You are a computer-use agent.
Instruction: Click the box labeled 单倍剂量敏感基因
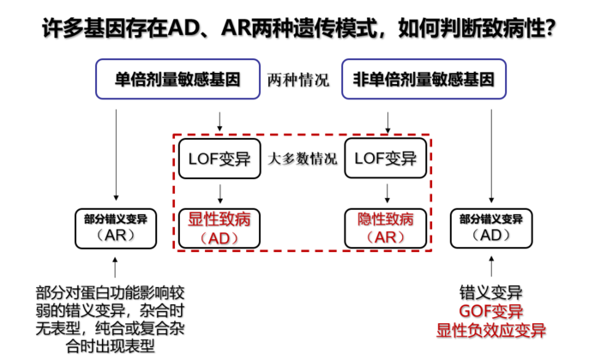point(177,79)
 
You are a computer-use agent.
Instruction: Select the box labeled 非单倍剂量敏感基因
point(424,79)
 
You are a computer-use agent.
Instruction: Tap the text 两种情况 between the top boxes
point(298,80)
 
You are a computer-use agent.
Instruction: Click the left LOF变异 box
point(219,159)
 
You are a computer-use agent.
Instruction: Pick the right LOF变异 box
point(386,159)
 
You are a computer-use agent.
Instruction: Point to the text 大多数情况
point(303,159)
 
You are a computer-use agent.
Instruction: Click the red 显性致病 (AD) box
point(219,228)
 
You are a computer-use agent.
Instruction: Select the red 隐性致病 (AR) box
point(386,228)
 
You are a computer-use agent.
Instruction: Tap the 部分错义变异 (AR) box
point(116,228)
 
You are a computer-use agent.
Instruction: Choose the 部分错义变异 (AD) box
point(491,228)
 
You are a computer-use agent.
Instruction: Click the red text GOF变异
point(491,311)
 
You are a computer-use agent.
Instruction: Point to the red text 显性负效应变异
point(491,330)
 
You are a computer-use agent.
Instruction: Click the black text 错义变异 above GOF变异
point(491,292)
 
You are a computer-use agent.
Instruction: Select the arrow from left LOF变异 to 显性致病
point(219,194)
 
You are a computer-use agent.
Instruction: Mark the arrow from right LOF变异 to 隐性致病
point(388,194)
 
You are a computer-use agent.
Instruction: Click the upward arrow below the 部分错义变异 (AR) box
point(115,267)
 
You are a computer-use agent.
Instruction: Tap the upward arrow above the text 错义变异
point(491,267)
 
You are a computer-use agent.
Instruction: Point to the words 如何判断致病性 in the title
point(472,28)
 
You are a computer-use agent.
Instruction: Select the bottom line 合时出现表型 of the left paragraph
point(111,346)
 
